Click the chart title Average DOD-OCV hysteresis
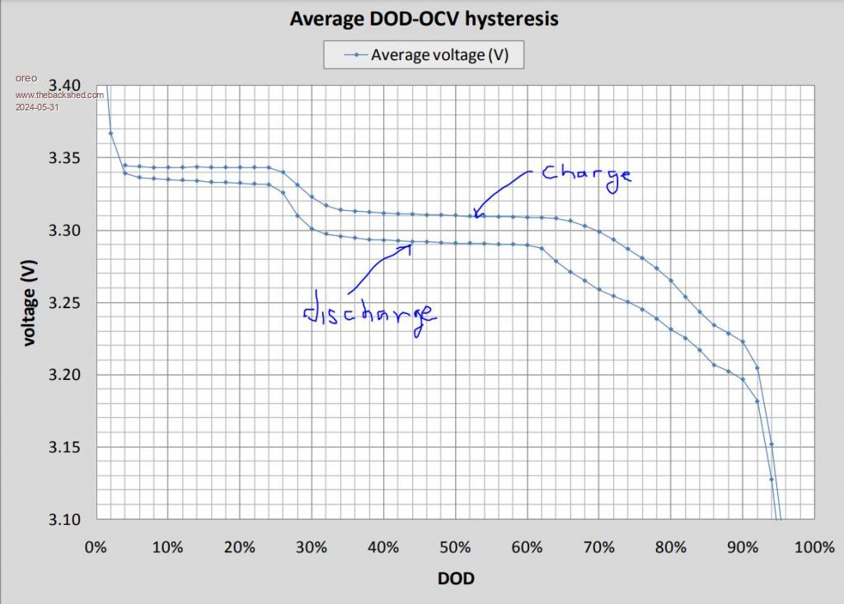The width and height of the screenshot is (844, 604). (424, 18)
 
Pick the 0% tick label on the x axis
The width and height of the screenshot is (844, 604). (95, 548)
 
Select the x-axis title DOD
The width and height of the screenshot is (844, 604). (456, 578)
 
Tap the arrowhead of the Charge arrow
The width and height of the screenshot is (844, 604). (476, 215)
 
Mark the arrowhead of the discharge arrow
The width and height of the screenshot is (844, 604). (410, 245)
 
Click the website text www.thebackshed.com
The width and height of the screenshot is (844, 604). (59, 94)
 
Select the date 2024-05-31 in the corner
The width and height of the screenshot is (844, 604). (37, 106)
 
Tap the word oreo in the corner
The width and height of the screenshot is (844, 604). (26, 78)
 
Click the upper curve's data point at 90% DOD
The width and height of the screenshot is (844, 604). (743, 341)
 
